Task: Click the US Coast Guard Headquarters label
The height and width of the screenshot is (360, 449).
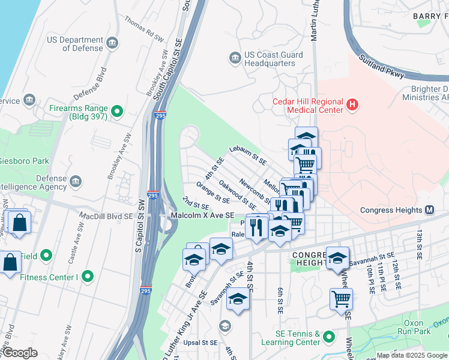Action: [x=269, y=58]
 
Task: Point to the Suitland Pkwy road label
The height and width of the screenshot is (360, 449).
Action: [x=382, y=67]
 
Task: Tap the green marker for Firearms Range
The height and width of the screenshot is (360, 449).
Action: [x=117, y=111]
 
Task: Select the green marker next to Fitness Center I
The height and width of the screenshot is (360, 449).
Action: [x=88, y=277]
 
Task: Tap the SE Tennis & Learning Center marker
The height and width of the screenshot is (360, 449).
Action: [x=328, y=338]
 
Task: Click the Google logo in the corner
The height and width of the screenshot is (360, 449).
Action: [x=19, y=353]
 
